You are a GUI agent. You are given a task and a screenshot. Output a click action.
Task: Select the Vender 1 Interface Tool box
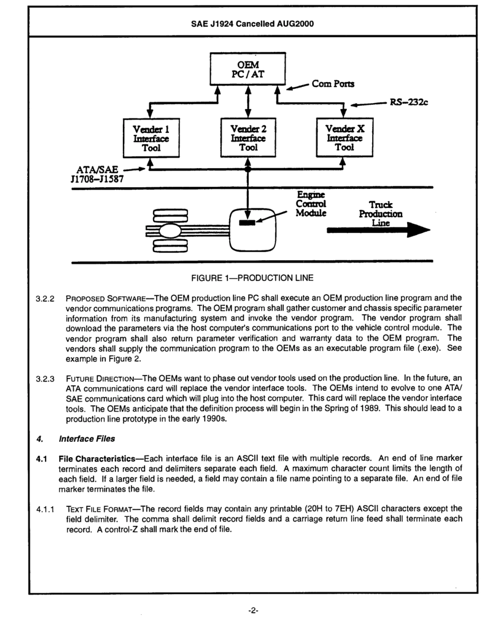coord(150,138)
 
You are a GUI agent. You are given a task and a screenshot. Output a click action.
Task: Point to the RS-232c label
coord(409,103)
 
